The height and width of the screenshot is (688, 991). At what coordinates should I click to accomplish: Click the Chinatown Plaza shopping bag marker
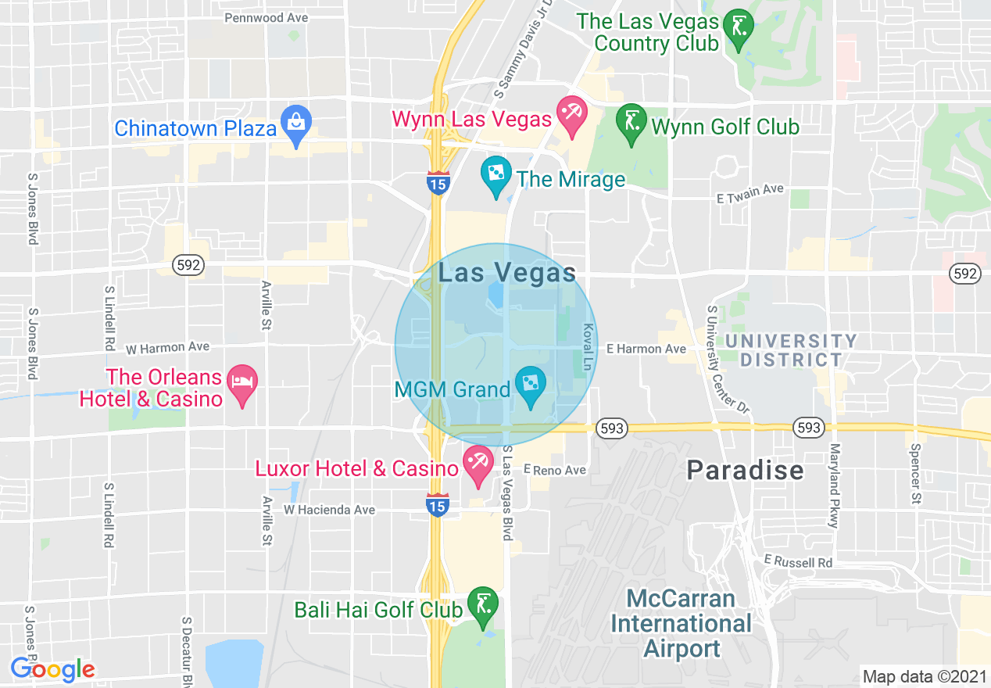tap(296, 124)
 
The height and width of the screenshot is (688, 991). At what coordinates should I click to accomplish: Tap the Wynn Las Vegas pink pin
tap(572, 115)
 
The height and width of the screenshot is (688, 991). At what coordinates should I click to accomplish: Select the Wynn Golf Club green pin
tap(631, 123)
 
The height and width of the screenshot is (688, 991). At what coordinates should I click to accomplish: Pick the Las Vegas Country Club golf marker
tap(737, 28)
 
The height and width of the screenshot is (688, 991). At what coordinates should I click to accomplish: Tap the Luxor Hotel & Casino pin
tap(477, 464)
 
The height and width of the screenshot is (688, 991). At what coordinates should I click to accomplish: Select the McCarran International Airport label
tap(681, 624)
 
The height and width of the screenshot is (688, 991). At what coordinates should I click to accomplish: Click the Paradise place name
tap(745, 470)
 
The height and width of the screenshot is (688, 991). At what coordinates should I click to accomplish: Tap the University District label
tap(790, 350)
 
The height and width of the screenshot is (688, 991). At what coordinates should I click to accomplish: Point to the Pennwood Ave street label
tap(266, 17)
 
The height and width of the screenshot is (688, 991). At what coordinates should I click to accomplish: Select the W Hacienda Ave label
tap(329, 510)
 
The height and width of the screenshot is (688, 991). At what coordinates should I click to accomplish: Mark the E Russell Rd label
tap(798, 561)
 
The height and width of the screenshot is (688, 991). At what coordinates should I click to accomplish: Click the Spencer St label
tap(915, 475)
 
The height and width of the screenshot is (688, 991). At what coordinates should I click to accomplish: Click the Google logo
tap(52, 669)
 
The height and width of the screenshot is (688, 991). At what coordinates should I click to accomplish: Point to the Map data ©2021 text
tap(923, 676)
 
